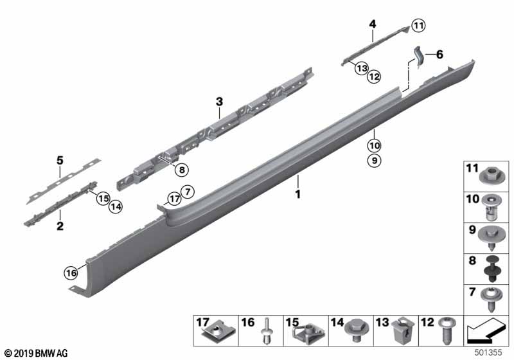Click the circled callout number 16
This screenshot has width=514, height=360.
[71, 273]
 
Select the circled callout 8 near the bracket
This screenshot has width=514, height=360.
[182, 170]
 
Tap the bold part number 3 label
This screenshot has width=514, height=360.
[219, 102]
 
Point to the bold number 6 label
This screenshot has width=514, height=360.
[439, 55]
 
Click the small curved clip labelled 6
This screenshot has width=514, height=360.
[419, 57]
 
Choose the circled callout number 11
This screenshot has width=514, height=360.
[418, 26]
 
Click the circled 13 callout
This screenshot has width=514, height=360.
[362, 68]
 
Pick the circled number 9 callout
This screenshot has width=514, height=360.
[375, 160]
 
